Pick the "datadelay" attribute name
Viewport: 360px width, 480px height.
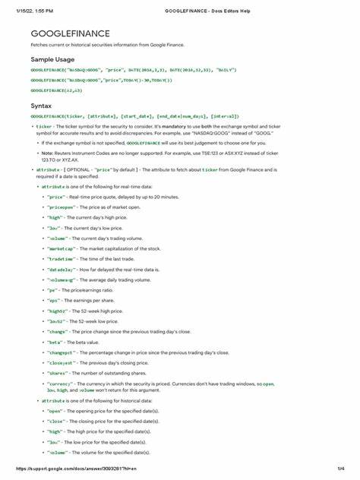pos(59,270)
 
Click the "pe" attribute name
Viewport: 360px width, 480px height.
pos(52,289)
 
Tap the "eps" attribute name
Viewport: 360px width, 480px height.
pos(53,300)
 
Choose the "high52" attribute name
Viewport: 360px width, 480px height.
pos(56,311)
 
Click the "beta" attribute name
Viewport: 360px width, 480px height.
pos(55,342)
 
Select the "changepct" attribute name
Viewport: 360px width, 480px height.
pos(59,352)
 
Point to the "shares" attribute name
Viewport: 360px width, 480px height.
pos(56,373)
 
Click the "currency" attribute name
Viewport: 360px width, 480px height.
pos(58,384)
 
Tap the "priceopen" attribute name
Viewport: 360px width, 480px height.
pos(59,207)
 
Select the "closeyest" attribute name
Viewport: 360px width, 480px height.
pos(59,362)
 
